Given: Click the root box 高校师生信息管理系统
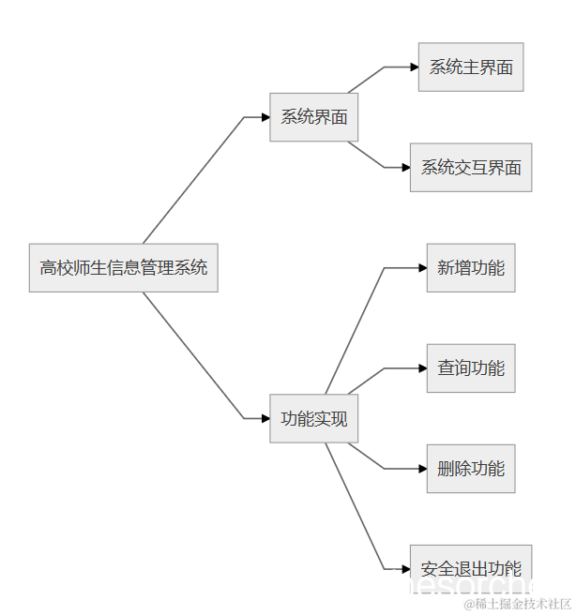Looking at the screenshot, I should [123, 267].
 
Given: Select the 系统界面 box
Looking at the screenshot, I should [313, 117].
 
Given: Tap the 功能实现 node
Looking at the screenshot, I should [313, 418].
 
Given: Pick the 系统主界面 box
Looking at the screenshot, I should [470, 67].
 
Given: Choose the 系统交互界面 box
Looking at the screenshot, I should [470, 168].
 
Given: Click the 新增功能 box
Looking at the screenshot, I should [470, 268].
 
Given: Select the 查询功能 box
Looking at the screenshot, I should [470, 368].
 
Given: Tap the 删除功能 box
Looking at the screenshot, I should [470, 469].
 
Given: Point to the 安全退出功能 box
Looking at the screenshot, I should [470, 568].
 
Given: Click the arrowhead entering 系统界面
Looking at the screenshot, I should [265, 117].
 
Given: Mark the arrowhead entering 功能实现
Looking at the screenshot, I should [265, 418].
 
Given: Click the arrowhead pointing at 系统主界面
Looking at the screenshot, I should [414, 67].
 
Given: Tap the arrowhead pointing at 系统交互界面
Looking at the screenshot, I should [405, 168].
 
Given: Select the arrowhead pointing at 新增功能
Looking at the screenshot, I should [422, 268].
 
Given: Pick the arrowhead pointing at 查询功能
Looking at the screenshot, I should [422, 368].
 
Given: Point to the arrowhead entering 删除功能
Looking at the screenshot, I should [422, 469].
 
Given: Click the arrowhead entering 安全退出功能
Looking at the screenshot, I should [405, 568].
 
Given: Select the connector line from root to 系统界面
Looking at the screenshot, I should [192, 180].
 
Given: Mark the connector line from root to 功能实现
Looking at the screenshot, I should [192, 355].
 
